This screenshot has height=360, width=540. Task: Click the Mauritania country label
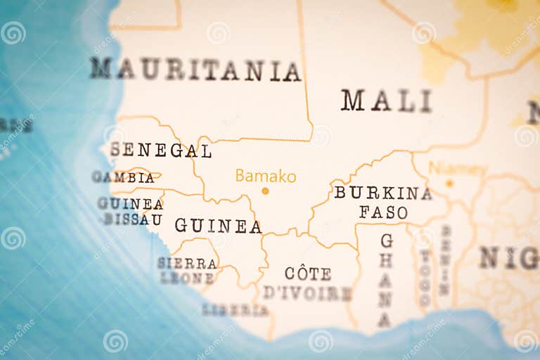(x=195, y=70)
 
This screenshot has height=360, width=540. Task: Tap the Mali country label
(x=386, y=101)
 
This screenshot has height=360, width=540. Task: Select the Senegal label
(x=160, y=150)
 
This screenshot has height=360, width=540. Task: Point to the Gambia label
(x=123, y=177)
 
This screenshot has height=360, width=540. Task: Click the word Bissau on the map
(x=133, y=219)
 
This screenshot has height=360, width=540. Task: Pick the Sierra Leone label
(x=186, y=270)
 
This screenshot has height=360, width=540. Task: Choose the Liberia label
(x=235, y=309)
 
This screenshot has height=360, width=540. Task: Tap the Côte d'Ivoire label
(x=307, y=283)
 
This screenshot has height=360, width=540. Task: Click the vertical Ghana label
(x=385, y=280)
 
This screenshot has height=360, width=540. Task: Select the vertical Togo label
(x=425, y=278)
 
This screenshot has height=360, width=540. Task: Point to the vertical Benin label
(x=445, y=260)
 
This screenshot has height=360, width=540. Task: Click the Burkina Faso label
(x=383, y=202)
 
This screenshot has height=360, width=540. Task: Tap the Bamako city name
(x=265, y=176)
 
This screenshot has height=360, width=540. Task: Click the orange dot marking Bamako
(x=265, y=191)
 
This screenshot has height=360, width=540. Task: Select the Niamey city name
(x=457, y=169)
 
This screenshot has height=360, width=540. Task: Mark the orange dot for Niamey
(x=449, y=184)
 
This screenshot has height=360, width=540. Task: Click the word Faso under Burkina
(x=383, y=212)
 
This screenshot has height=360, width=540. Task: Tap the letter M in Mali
(x=352, y=101)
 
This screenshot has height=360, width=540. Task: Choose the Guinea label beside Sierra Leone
(x=218, y=226)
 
